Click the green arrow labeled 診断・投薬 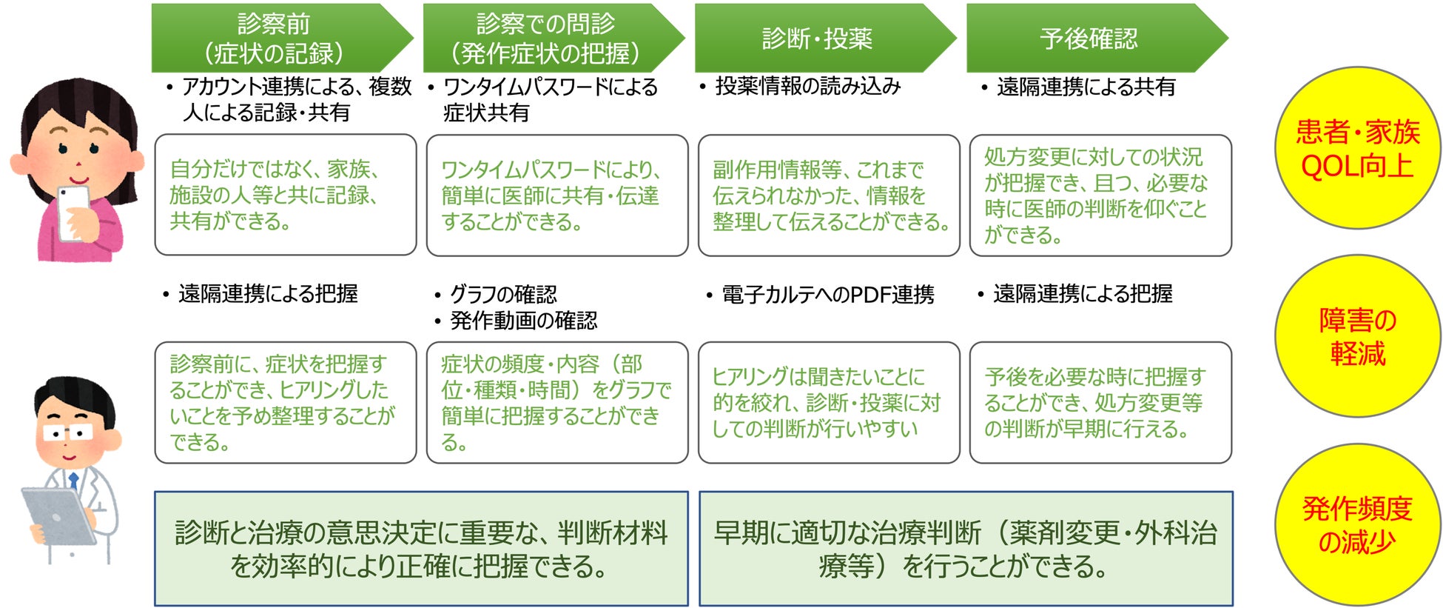pyautogui.click(x=818, y=38)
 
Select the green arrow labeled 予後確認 pyautogui.click(x=1089, y=38)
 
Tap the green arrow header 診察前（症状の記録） pyautogui.click(x=274, y=38)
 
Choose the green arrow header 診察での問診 pyautogui.click(x=546, y=38)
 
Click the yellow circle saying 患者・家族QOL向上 pyautogui.click(x=1357, y=149)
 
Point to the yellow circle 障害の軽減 pyautogui.click(x=1357, y=337)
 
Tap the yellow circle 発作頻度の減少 pyautogui.click(x=1357, y=525)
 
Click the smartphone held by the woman pyautogui.click(x=73, y=211)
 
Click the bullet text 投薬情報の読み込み pyautogui.click(x=807, y=87)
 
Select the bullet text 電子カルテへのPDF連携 pyautogui.click(x=827, y=295)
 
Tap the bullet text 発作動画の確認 pyautogui.click(x=522, y=321)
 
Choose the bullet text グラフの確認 pyautogui.click(x=503, y=295)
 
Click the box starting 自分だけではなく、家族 pyautogui.click(x=285, y=195)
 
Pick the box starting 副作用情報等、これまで pyautogui.click(x=829, y=195)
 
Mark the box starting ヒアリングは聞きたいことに pyautogui.click(x=829, y=402)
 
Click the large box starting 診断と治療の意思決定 pyautogui.click(x=421, y=549)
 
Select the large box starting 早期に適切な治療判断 pyautogui.click(x=966, y=549)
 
